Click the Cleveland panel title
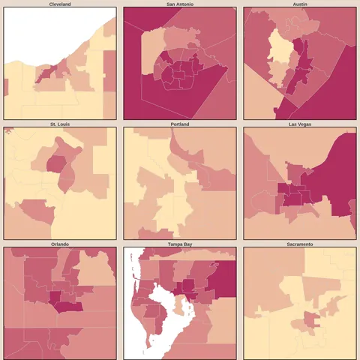[60, 4]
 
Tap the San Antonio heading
[180, 4]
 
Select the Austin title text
[300, 4]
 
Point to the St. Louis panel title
[60, 124]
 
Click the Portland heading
[180, 124]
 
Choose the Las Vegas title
[300, 124]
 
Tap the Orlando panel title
[60, 244]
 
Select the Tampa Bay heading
[180, 244]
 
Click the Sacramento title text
[300, 244]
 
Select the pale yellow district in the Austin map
[280, 56]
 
